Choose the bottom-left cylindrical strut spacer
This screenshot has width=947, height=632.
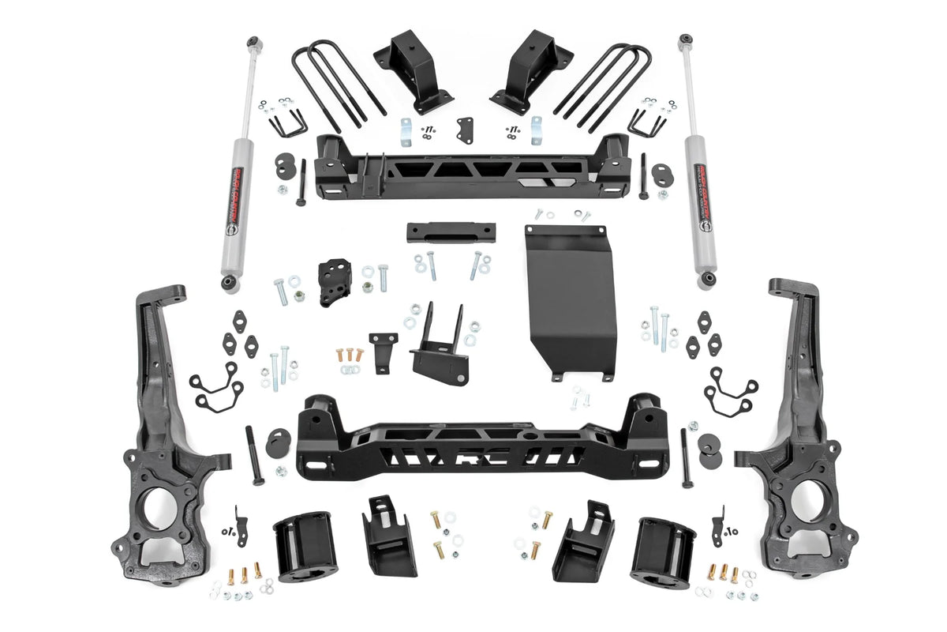(305, 544)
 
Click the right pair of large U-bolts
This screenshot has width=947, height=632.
(605, 83)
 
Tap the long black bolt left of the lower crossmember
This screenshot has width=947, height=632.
(253, 455)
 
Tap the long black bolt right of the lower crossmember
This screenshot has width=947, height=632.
(686, 457)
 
